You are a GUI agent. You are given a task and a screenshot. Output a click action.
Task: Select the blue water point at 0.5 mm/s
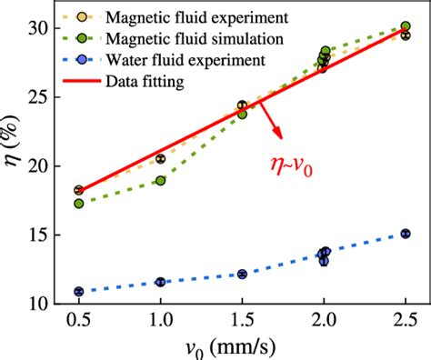coord(79,292)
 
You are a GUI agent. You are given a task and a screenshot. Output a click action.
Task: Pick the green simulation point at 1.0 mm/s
coord(161,181)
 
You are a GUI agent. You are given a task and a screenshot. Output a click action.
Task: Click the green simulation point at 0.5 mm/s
coord(79,204)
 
